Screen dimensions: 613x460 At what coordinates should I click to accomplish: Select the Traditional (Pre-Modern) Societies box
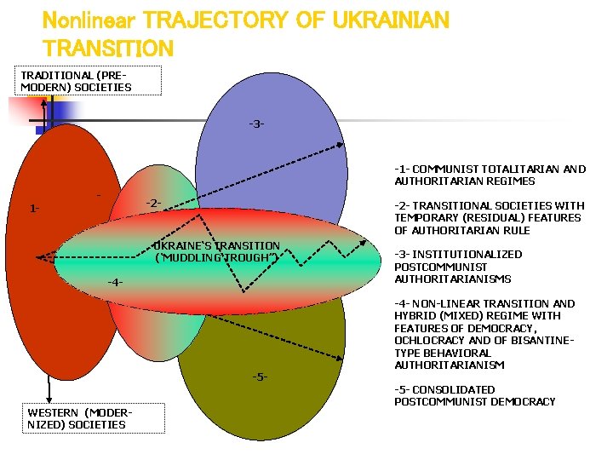pyautogui.click(x=77, y=81)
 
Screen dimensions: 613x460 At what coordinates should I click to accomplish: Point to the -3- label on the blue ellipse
pyautogui.click(x=256, y=124)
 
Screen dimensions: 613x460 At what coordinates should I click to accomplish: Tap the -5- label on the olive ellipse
pyautogui.click(x=260, y=376)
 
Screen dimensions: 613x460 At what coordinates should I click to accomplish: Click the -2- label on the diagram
pyautogui.click(x=153, y=203)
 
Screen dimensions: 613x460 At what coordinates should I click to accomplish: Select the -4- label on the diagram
pyautogui.click(x=115, y=282)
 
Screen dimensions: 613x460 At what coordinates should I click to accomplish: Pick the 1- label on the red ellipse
pyautogui.click(x=34, y=208)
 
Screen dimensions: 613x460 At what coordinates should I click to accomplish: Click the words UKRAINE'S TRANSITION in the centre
pyautogui.click(x=216, y=245)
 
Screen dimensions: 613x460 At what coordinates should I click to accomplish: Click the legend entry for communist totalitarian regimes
pyautogui.click(x=490, y=175)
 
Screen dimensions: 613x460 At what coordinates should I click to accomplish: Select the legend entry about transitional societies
pyautogui.click(x=489, y=217)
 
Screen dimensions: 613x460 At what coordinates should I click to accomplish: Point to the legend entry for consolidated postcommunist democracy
pyautogui.click(x=474, y=395)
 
